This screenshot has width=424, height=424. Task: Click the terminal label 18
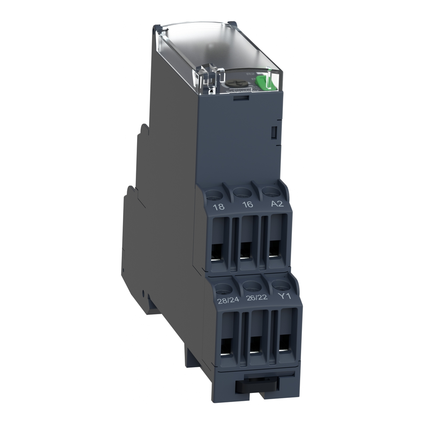point(219,207)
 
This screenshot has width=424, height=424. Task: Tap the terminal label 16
point(247,205)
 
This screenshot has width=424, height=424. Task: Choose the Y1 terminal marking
point(284,296)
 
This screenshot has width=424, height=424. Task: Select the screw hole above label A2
point(270,190)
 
